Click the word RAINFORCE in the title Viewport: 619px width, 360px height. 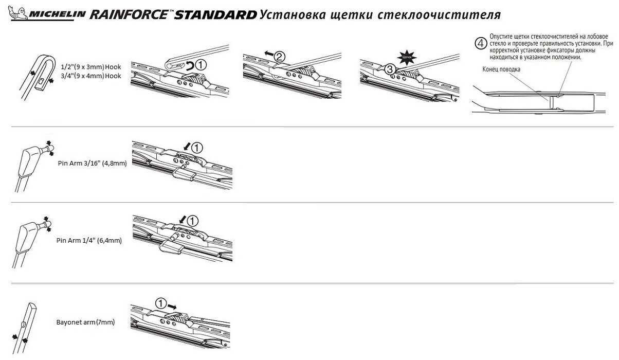click(129, 14)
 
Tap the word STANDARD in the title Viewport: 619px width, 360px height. click(215, 14)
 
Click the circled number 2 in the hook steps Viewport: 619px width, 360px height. click(279, 56)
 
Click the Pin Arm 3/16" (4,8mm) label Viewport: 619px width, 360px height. click(92, 163)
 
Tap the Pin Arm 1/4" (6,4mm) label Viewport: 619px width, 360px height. click(89, 240)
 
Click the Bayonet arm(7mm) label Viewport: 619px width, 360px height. click(85, 322)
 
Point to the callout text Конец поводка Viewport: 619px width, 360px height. click(501, 69)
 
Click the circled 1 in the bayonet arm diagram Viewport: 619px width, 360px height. click(161, 304)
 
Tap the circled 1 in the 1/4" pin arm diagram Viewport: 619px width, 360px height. click(191, 221)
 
